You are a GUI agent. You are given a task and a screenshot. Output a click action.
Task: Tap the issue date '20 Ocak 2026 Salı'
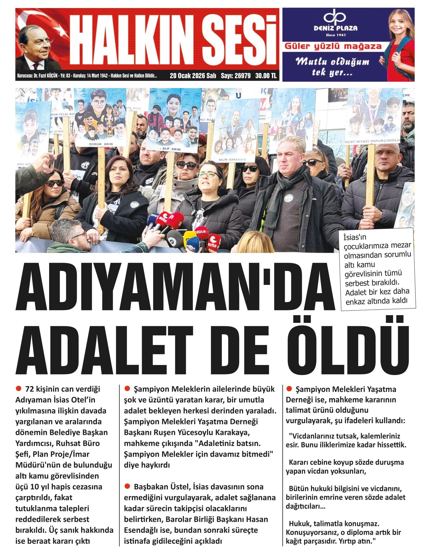pyautogui.click(x=193, y=76)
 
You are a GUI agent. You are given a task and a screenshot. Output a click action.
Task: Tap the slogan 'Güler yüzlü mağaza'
pyautogui.click(x=333, y=47)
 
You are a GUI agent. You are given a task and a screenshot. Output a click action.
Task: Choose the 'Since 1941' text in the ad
pyautogui.click(x=335, y=35)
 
